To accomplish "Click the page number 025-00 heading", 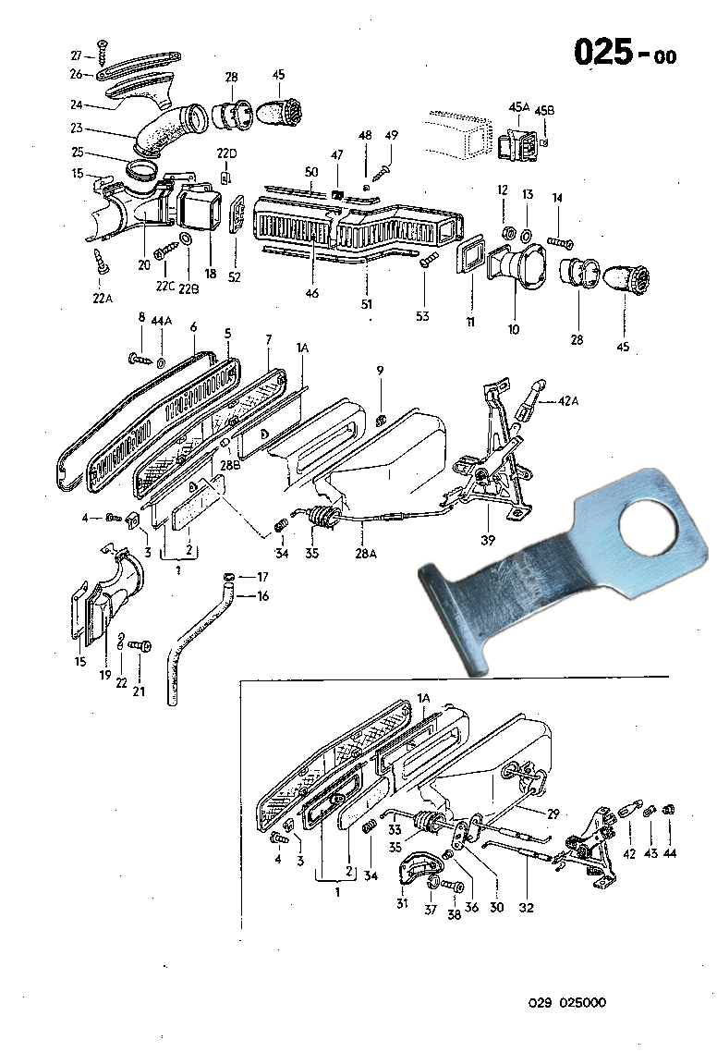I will pyautogui.click(x=625, y=53).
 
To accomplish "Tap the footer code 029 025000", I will pyautogui.click(x=568, y=1003).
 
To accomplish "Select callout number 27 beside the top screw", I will pyautogui.click(x=78, y=55).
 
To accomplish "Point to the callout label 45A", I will pyautogui.click(x=518, y=107).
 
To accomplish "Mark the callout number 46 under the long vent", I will pyautogui.click(x=312, y=293).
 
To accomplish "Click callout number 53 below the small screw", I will pyautogui.click(x=422, y=317).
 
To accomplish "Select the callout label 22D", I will pyautogui.click(x=226, y=153).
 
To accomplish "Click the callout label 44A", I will pyautogui.click(x=162, y=320).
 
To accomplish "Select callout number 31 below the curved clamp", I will pyautogui.click(x=402, y=904).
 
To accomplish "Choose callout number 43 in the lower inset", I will pyautogui.click(x=650, y=853).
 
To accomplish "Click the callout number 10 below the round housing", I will pyautogui.click(x=514, y=328).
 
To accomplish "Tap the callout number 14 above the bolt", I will pyautogui.click(x=557, y=198).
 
